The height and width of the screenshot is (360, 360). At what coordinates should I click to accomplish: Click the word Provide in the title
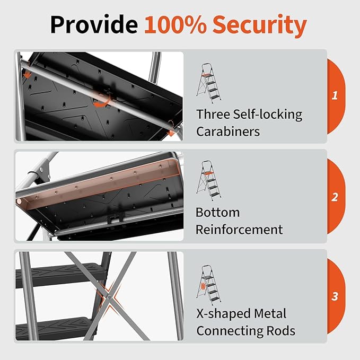pyautogui.click(x=94, y=25)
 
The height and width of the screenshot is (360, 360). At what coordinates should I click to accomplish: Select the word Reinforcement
pyautogui.click(x=239, y=230)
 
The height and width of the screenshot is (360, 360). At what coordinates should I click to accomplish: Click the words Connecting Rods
pyautogui.click(x=245, y=331)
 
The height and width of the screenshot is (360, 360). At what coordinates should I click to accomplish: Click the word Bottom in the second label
pyautogui.click(x=217, y=213)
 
